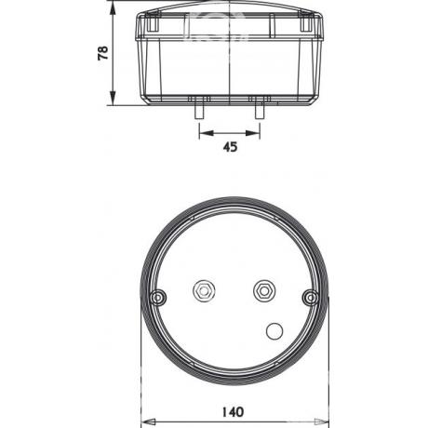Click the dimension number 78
(x=103, y=53)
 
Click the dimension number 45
(x=230, y=147)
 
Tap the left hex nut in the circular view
(x=204, y=291)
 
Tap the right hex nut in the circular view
(x=264, y=290)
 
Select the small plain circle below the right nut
(x=274, y=331)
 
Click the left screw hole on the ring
(x=158, y=298)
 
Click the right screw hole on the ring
(x=310, y=298)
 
